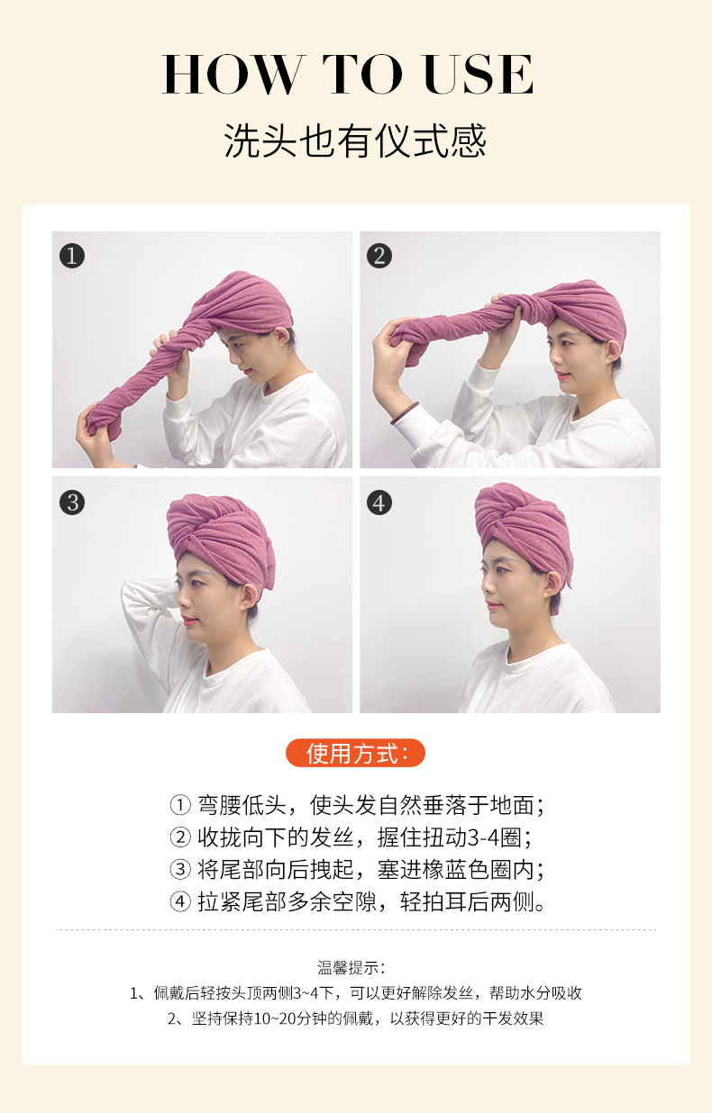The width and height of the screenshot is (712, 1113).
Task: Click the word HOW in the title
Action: pyautogui.click(x=233, y=74)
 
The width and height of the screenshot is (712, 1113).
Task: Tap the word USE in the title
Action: pyautogui.click(x=479, y=74)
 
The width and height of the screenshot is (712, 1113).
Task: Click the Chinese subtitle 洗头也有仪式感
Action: pyautogui.click(x=355, y=141)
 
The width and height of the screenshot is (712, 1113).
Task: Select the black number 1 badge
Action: pyautogui.click(x=72, y=256)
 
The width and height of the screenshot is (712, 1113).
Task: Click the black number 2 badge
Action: pyautogui.click(x=379, y=256)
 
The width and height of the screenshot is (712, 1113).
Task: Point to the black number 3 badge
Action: pyautogui.click(x=72, y=502)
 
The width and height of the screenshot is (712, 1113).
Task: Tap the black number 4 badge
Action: pyautogui.click(x=379, y=502)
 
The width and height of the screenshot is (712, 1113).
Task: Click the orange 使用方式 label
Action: pyautogui.click(x=355, y=753)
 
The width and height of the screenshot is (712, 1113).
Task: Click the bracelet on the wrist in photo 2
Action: pyautogui.click(x=404, y=414)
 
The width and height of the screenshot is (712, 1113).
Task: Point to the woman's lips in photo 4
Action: pyautogui.click(x=492, y=606)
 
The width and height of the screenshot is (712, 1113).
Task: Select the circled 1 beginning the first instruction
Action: pyautogui.click(x=180, y=805)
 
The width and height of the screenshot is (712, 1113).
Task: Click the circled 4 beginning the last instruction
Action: pyautogui.click(x=180, y=901)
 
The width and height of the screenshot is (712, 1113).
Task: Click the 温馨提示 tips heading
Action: pyautogui.click(x=351, y=967)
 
